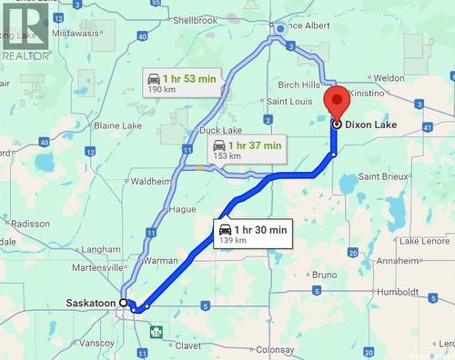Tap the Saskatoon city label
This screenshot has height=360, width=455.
[91, 303]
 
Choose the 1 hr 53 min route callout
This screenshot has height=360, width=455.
[181, 83]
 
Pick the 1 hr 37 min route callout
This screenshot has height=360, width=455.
[246, 149]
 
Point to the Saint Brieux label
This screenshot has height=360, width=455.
[381, 175]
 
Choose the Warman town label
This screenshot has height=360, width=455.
[160, 261]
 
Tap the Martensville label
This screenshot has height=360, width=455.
[98, 267]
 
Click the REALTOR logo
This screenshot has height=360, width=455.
[25, 33]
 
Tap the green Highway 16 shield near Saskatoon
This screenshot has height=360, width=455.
[157, 332]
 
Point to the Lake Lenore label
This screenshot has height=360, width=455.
[424, 241]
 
